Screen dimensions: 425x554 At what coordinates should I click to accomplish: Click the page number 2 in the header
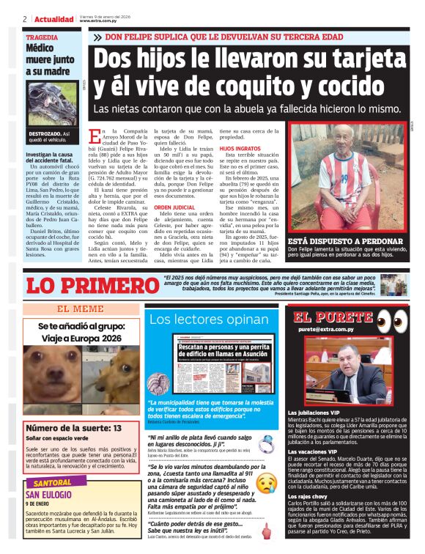pos(25,18)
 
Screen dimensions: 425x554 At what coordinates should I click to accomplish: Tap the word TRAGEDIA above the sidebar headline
pos(42,37)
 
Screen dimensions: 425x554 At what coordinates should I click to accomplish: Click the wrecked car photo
pos(55,103)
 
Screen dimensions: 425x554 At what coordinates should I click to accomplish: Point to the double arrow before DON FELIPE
pos(98,37)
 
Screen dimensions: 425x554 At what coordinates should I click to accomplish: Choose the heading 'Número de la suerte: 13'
pos(67,428)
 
